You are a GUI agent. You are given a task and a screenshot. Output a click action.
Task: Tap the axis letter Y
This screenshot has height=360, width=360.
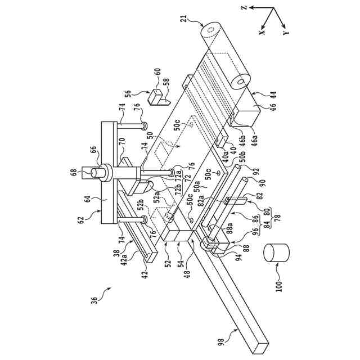(286, 33)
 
